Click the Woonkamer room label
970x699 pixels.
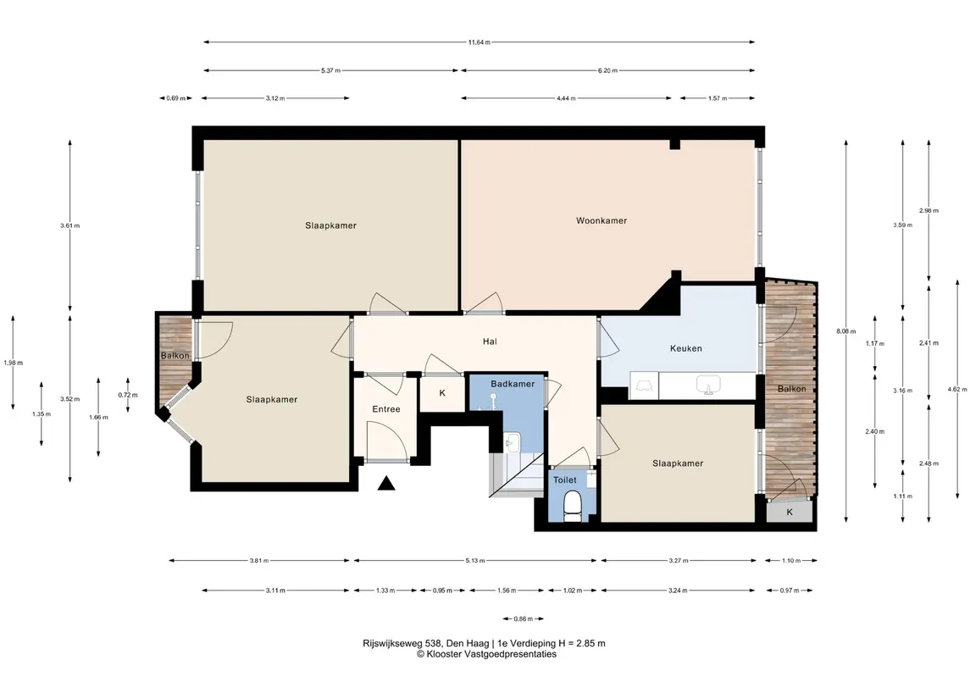click(x=601, y=220)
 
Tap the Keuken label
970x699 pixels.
click(x=686, y=348)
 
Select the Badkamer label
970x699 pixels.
click(x=513, y=384)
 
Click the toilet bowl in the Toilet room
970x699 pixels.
click(x=573, y=504)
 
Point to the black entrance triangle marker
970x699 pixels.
click(x=386, y=483)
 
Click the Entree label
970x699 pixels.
click(x=386, y=409)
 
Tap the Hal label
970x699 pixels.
click(x=490, y=341)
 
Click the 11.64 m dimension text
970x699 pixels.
click(x=479, y=42)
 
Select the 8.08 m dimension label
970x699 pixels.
click(x=846, y=331)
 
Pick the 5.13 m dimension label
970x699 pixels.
click(x=475, y=560)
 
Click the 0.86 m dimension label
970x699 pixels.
click(x=524, y=619)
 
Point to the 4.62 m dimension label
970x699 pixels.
click(x=957, y=389)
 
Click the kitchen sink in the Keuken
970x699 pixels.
click(x=708, y=385)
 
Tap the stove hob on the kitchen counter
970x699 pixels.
click(x=643, y=386)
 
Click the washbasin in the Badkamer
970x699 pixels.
click(x=513, y=441)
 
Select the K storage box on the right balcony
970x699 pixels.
click(x=790, y=512)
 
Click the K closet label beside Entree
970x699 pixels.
click(x=442, y=393)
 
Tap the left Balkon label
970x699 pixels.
click(x=175, y=356)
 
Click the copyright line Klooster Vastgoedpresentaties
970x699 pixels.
click(x=486, y=654)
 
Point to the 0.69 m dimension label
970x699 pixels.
click(x=175, y=97)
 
